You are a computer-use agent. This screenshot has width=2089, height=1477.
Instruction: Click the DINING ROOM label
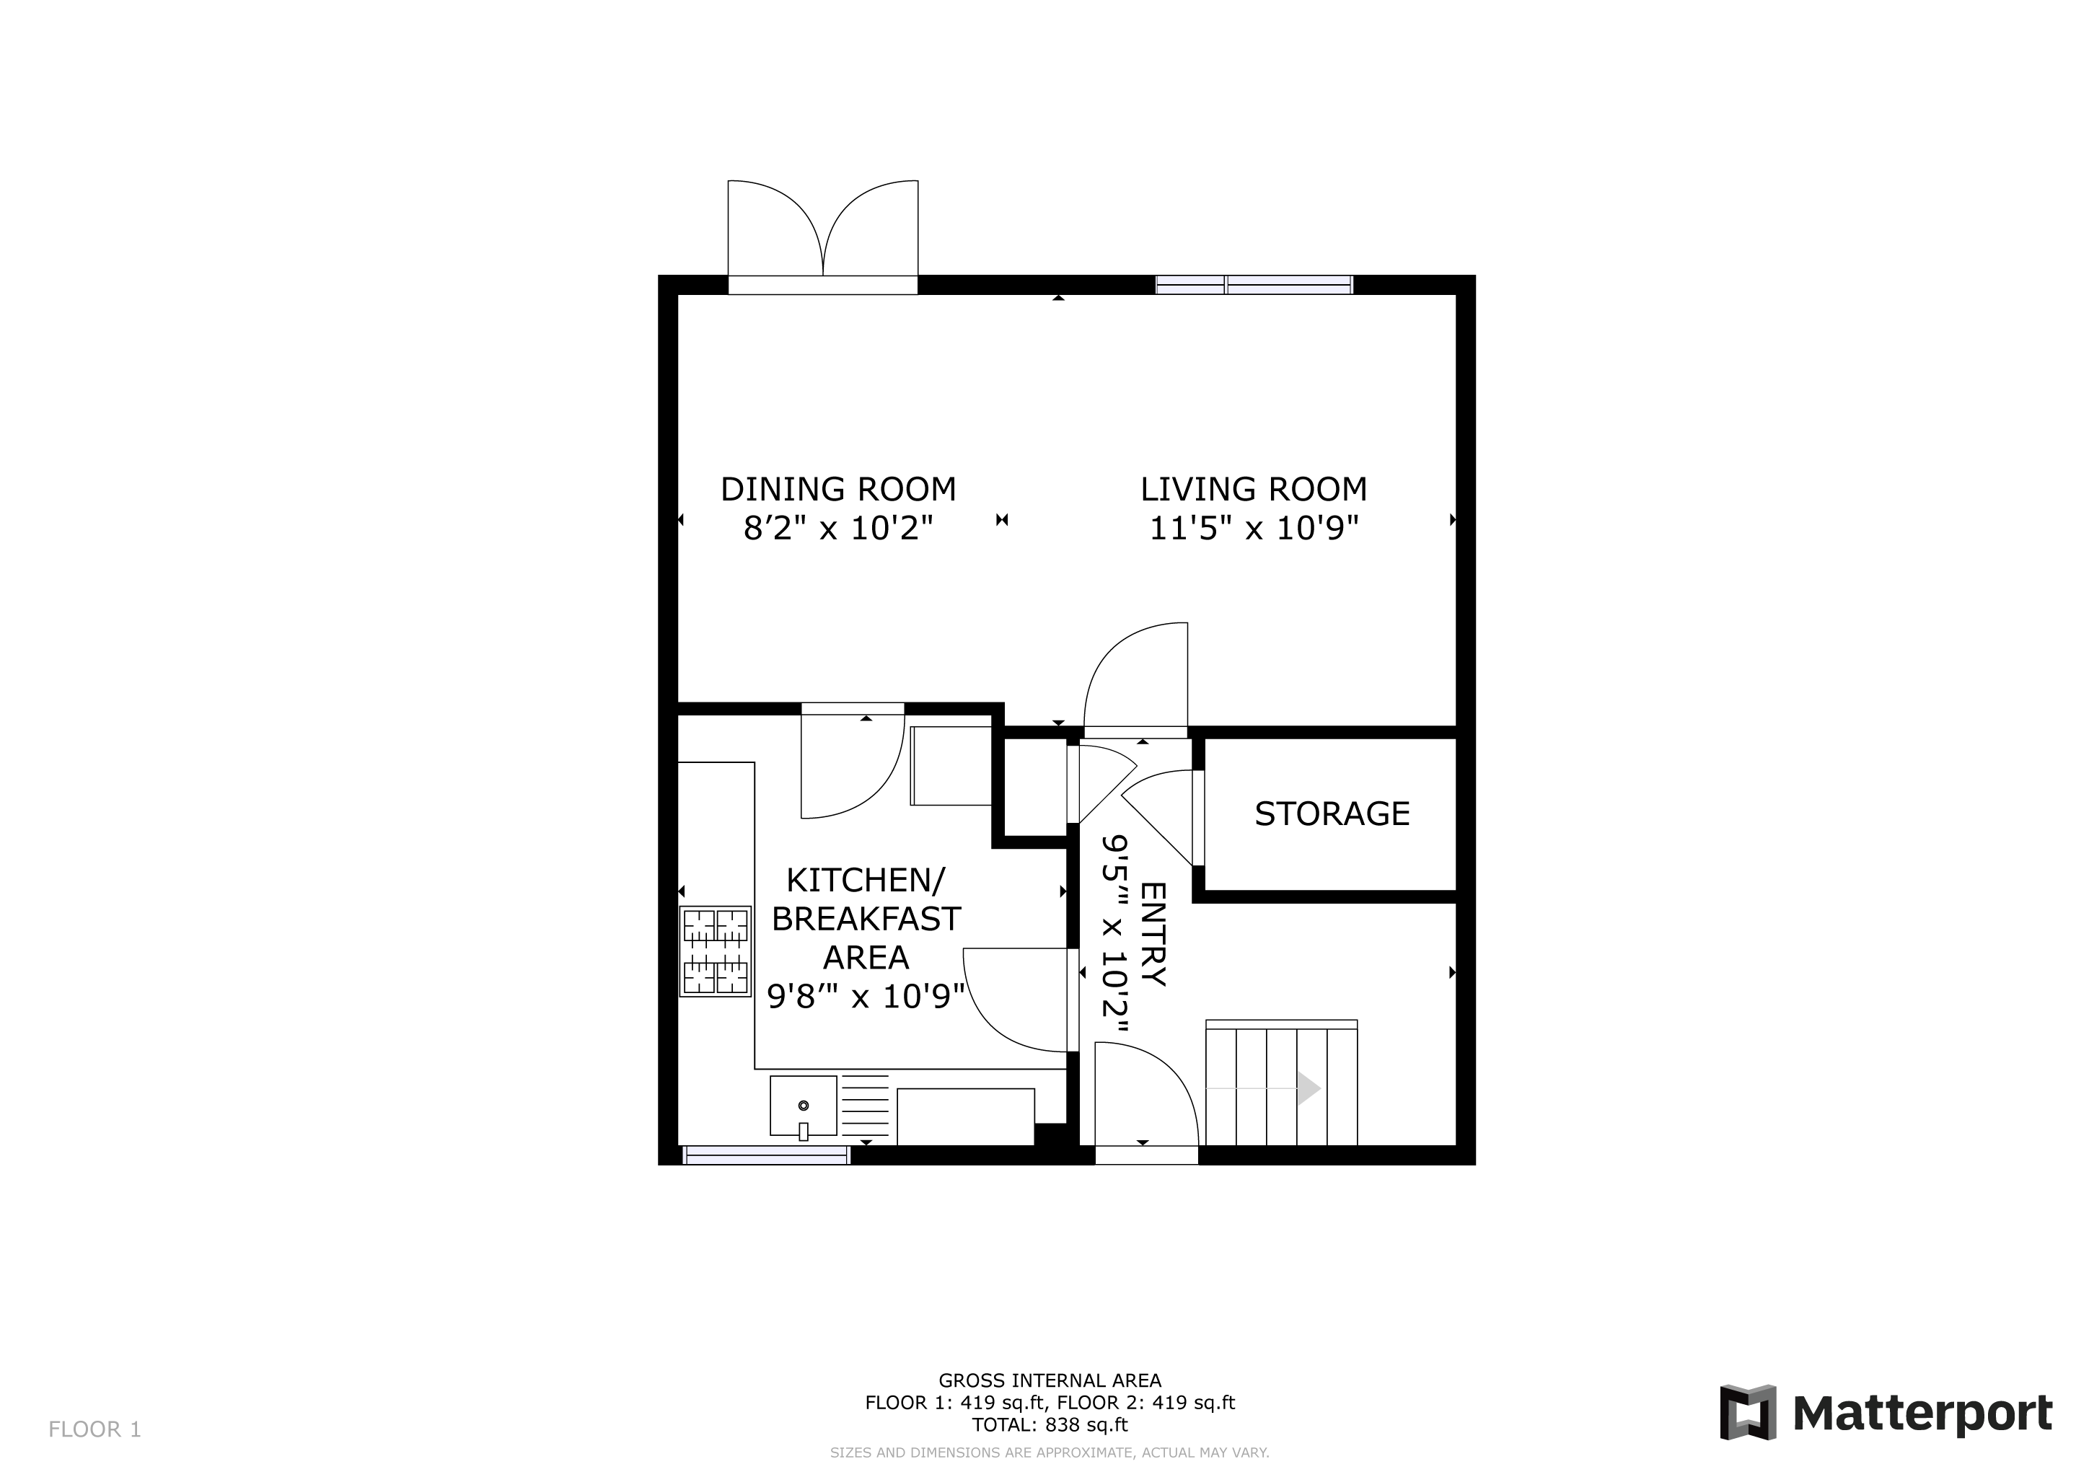click(838, 489)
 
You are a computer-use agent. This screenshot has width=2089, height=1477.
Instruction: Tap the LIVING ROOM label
click(1254, 489)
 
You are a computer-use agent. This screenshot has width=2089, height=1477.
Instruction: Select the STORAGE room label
click(1332, 813)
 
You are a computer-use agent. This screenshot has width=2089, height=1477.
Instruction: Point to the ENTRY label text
click(1152, 934)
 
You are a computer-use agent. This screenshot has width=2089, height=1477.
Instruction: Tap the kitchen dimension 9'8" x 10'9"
click(866, 997)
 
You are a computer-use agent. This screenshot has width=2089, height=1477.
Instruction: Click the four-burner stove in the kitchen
click(715, 951)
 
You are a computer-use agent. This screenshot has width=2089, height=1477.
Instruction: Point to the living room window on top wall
click(1254, 285)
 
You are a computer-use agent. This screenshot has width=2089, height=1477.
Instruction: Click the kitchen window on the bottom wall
click(766, 1155)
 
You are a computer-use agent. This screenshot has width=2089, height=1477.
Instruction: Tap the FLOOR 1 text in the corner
click(94, 1429)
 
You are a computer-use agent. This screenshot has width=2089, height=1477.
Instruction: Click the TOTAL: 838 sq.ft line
click(1050, 1425)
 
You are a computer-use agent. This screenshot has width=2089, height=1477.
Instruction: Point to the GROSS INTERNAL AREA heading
click(1050, 1380)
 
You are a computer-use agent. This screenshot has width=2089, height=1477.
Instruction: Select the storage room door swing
click(1157, 816)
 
